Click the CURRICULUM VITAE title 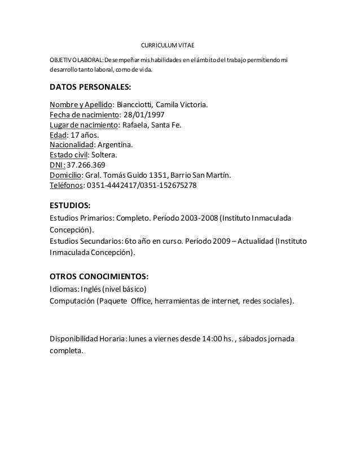point(166,45)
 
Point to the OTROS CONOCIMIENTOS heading point(99,276)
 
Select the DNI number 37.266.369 point(86,165)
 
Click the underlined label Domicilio point(65,175)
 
